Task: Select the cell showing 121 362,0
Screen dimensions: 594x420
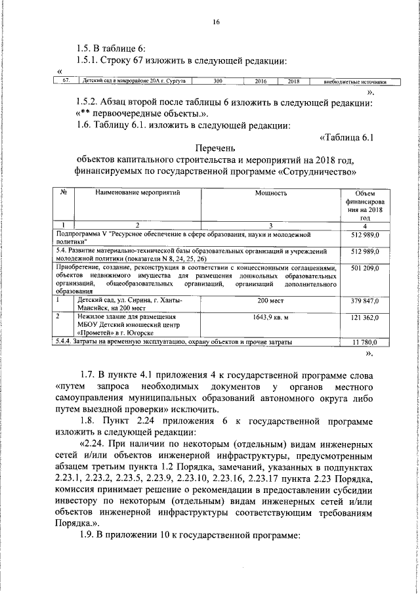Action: click(x=362, y=317)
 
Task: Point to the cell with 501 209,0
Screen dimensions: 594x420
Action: click(x=362, y=268)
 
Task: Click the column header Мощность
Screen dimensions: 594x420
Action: click(x=271, y=194)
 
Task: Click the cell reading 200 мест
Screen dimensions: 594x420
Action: click(x=271, y=301)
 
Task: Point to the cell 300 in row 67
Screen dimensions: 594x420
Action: click(x=218, y=82)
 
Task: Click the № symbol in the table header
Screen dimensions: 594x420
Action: click(x=64, y=194)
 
